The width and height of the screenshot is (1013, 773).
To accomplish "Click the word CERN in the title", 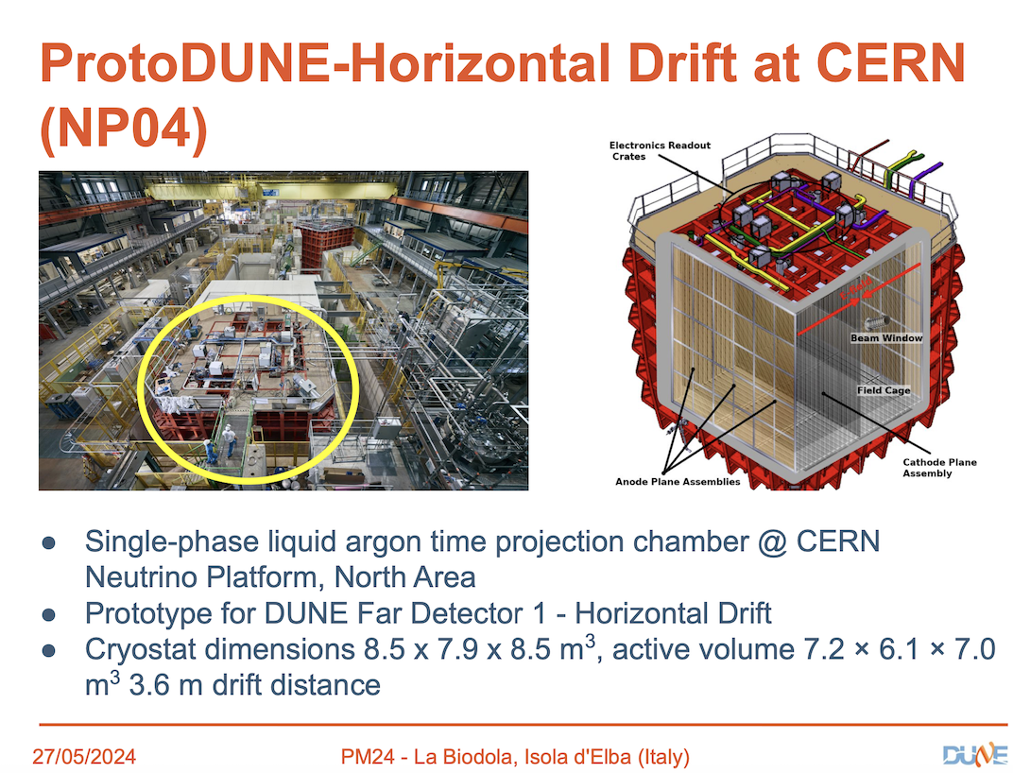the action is (891, 63).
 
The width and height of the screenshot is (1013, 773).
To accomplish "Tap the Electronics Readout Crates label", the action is (660, 150).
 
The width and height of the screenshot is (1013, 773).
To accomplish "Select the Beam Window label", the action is (886, 338).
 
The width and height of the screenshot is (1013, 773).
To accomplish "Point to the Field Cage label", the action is (884, 390).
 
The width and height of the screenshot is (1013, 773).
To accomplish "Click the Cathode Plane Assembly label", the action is (939, 467).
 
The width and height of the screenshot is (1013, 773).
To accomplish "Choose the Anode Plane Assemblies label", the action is (678, 482).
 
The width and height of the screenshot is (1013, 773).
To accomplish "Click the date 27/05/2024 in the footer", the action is (84, 756).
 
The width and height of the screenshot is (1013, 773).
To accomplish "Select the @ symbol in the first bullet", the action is (772, 541).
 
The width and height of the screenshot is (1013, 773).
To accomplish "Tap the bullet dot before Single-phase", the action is (48, 542).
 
